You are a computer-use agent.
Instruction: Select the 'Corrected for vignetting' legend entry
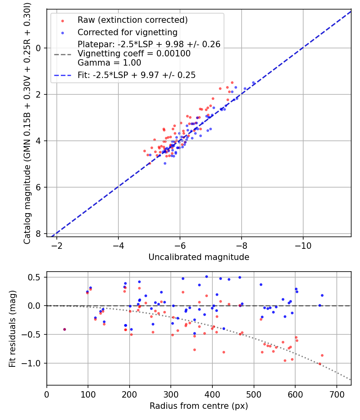pyautogui.click(x=128, y=32)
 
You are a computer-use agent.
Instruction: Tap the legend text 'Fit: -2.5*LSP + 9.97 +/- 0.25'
pyautogui.click(x=136, y=75)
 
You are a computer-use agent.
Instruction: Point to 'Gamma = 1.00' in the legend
pyautogui.click(x=109, y=63)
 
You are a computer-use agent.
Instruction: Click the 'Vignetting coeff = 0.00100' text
pyautogui.click(x=134, y=54)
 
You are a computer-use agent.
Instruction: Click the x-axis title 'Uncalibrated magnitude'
pyautogui.click(x=199, y=257)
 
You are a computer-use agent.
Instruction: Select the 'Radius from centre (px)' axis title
pyautogui.click(x=199, y=406)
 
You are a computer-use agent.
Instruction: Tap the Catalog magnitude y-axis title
pyautogui.click(x=27, y=123)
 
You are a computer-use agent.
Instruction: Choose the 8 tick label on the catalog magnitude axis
pyautogui.click(x=39, y=234)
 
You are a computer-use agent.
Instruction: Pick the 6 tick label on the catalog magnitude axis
pyautogui.click(x=39, y=187)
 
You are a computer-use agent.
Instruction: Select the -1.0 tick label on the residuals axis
pyautogui.click(x=34, y=363)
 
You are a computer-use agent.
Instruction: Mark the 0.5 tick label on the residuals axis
pyautogui.click(x=36, y=277)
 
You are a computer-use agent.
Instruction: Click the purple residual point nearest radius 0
pyautogui.click(x=64, y=329)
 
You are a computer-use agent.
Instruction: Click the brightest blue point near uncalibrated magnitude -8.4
pyautogui.click(x=253, y=83)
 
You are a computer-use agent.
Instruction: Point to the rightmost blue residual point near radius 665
pyautogui.click(x=322, y=295)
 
